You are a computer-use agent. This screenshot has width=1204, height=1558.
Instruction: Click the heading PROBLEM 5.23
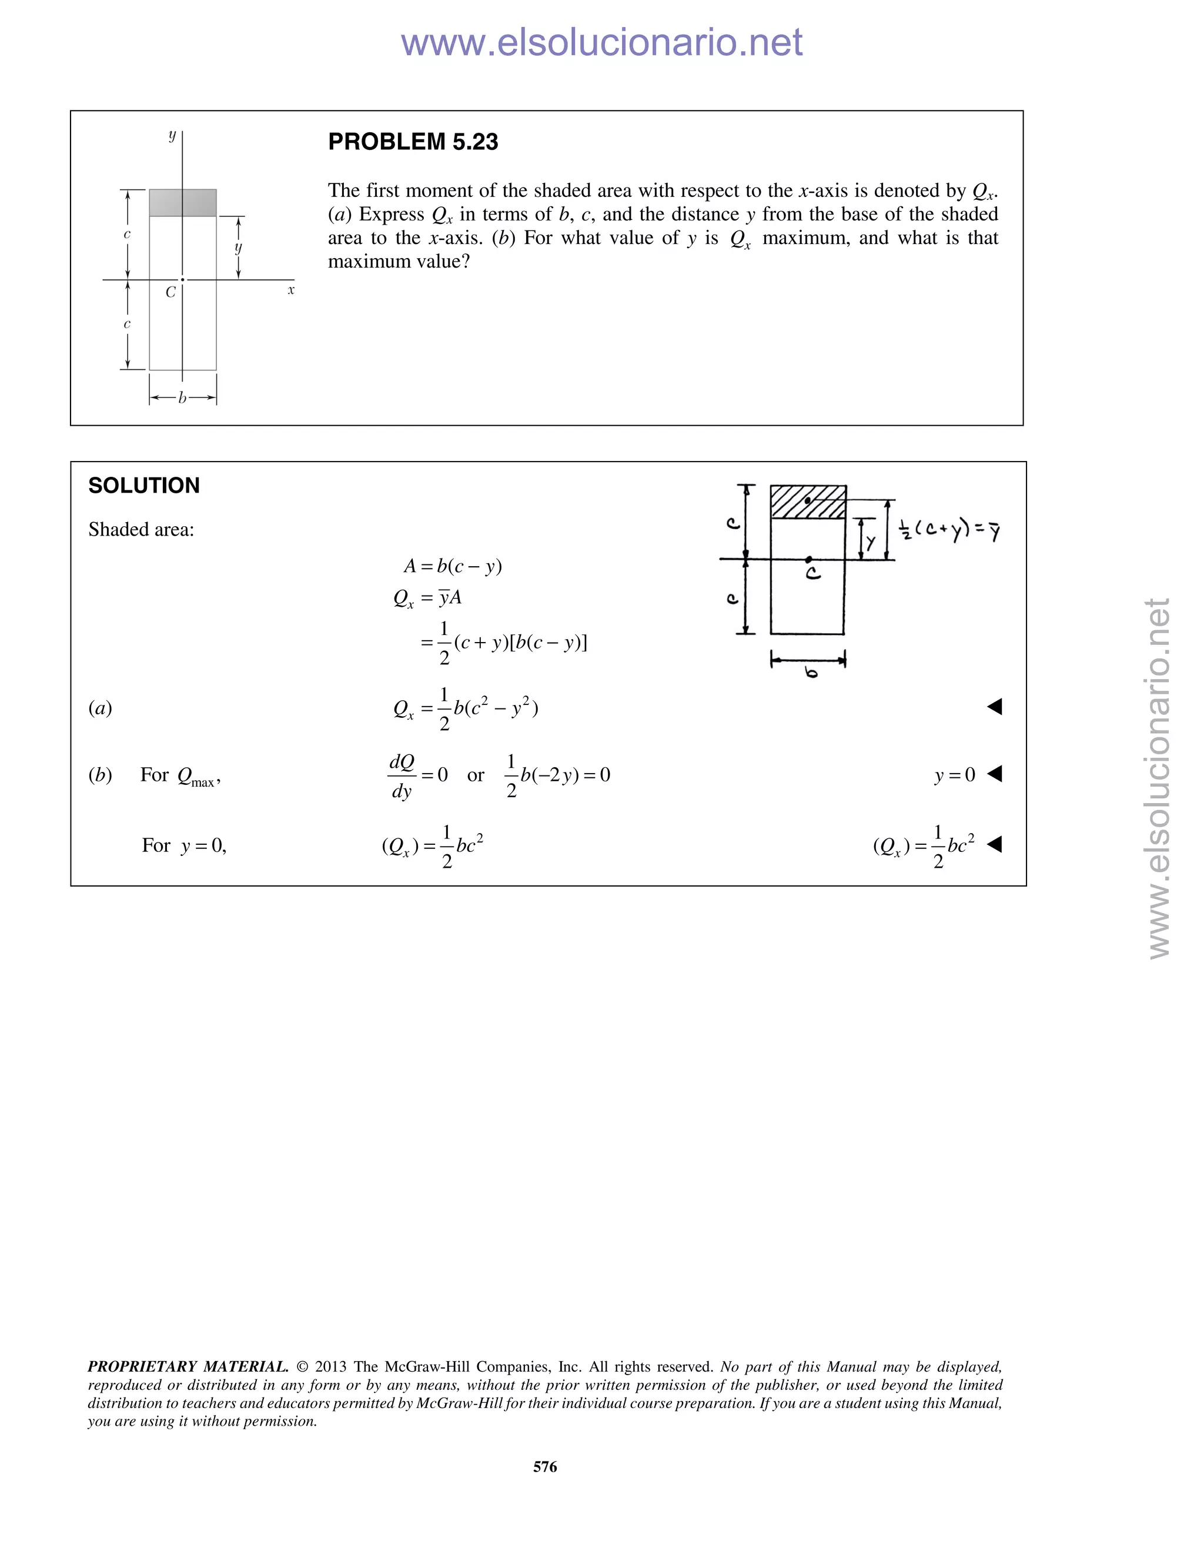pyautogui.click(x=413, y=142)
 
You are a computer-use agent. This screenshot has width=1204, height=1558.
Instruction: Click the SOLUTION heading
pyautogui.click(x=144, y=486)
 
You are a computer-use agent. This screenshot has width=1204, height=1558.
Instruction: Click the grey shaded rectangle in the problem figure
pyautogui.click(x=183, y=203)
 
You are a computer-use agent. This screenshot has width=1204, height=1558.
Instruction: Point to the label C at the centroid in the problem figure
pyautogui.click(x=170, y=292)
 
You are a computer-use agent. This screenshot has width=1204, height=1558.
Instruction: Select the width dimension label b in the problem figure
pyautogui.click(x=183, y=398)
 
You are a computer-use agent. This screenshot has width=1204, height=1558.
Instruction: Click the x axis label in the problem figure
pyautogui.click(x=291, y=290)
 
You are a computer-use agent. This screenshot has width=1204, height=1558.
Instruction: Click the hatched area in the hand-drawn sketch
pyautogui.click(x=808, y=502)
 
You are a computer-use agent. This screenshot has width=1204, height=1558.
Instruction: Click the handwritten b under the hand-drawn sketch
pyautogui.click(x=811, y=672)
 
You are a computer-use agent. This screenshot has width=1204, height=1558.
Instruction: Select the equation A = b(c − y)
pyautogui.click(x=453, y=566)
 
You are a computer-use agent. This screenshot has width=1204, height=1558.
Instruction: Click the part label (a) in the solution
pyautogui.click(x=101, y=708)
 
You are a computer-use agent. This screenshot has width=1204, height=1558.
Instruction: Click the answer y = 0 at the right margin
pyautogui.click(x=954, y=775)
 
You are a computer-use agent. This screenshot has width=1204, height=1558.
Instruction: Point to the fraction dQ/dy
pyautogui.click(x=402, y=776)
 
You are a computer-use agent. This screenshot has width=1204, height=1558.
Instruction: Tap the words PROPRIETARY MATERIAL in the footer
pyautogui.click(x=188, y=1366)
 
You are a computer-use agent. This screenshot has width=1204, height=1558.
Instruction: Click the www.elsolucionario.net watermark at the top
pyautogui.click(x=601, y=43)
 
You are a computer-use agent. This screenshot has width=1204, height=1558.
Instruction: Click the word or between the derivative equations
pyautogui.click(x=476, y=775)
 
